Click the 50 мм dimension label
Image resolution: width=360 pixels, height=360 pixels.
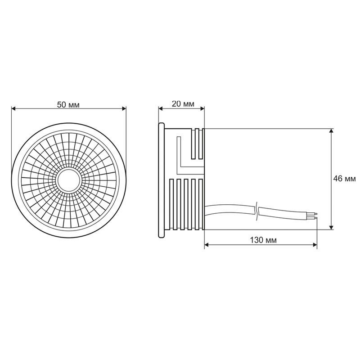coord(68,104)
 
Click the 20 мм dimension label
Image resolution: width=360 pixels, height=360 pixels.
coord(183,104)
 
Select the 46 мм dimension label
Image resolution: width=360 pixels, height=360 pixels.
coord(344,179)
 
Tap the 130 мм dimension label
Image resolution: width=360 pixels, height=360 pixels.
coord(263,240)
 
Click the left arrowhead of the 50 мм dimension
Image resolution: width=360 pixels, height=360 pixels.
coord(13,108)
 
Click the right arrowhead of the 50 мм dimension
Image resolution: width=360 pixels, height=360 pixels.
coord(124,108)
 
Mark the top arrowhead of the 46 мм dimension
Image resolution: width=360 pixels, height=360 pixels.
coord(332,131)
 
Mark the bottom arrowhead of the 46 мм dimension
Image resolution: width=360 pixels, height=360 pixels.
coord(332,227)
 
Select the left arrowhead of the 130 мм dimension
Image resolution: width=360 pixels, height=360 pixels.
coord(207,245)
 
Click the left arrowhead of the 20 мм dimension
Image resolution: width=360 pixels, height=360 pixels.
coord(160,108)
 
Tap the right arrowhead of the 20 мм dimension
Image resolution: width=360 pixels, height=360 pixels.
coord(202,108)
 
